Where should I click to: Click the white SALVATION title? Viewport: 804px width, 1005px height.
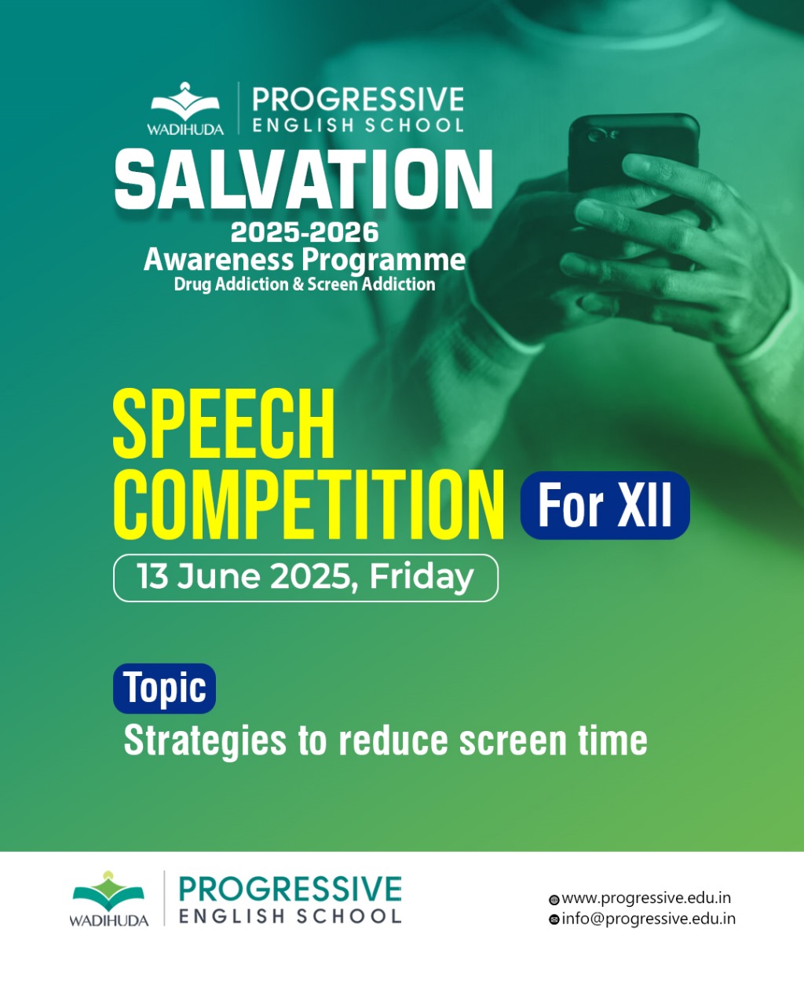pos(304,179)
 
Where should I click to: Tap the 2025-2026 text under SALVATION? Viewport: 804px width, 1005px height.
pos(305,232)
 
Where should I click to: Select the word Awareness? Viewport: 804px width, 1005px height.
pos(219,260)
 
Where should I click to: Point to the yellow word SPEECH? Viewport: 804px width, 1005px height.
pos(224,424)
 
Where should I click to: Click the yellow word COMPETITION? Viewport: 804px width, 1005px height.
pos(309,506)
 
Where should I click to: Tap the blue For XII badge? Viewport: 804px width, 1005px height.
pos(605,506)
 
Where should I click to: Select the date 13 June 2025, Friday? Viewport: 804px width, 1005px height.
pos(305,577)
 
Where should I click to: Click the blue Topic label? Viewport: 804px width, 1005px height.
pos(164,688)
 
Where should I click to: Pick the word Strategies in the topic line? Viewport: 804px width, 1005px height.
pos(205,741)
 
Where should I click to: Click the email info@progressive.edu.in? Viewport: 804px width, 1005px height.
pos(649,919)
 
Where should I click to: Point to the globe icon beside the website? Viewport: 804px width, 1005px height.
pos(554,900)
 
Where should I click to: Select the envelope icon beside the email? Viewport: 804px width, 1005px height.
pos(554,920)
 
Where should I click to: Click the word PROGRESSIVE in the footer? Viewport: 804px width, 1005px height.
pos(290,889)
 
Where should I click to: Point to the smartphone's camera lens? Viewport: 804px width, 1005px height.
pos(596,136)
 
